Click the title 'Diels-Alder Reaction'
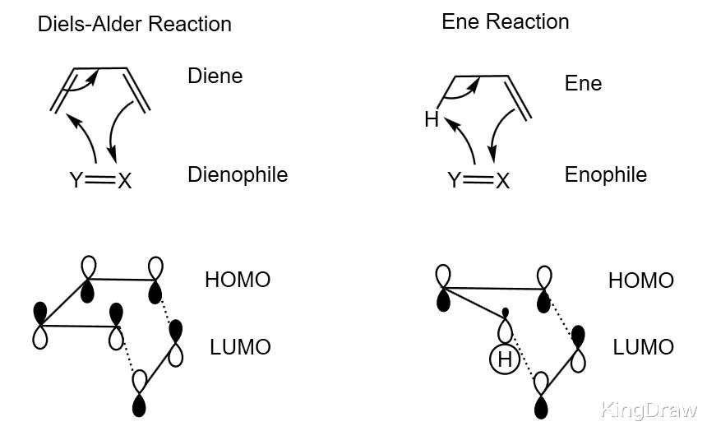pos(135,24)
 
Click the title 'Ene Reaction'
pos(505,21)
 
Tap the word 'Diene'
pos(215,76)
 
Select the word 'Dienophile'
pos(238,174)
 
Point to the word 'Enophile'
pos(606,174)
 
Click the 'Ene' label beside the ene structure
pos(583,83)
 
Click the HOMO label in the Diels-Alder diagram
pos(237,280)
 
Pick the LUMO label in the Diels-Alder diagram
pos(240,347)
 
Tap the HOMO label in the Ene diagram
pos(640,280)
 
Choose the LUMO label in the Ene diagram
pos(643,347)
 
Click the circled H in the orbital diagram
pos(504,359)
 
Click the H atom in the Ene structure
pos(432,120)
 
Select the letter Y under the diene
pos(76,180)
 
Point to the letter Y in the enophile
pos(454,180)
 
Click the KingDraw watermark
pos(649,409)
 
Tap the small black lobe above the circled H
pos(505,313)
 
